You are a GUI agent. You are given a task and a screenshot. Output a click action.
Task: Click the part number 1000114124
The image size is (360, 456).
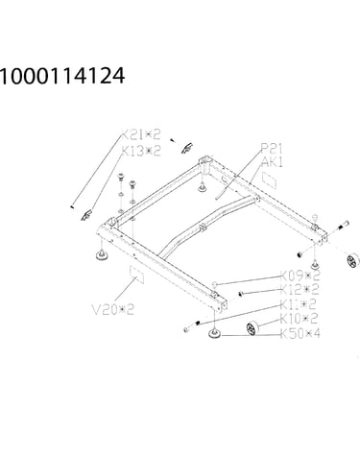[x=62, y=76]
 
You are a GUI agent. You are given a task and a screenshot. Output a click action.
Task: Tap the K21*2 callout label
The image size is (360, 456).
[x=140, y=134]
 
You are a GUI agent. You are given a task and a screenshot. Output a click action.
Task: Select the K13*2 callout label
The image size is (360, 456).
[x=141, y=151]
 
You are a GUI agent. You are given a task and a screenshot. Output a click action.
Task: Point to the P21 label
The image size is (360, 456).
[x=272, y=149]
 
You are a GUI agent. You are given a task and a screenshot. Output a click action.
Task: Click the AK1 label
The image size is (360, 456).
[x=273, y=162]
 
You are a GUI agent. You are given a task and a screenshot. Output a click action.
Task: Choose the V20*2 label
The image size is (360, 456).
[x=113, y=309]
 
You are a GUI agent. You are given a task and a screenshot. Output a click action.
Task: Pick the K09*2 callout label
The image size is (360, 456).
[x=300, y=276]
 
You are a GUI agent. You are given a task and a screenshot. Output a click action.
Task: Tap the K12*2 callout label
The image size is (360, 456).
[x=300, y=290]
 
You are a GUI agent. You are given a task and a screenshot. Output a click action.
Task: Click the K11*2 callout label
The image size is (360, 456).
[x=299, y=304]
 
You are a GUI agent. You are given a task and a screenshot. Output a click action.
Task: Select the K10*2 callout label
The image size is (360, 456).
[x=299, y=319]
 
